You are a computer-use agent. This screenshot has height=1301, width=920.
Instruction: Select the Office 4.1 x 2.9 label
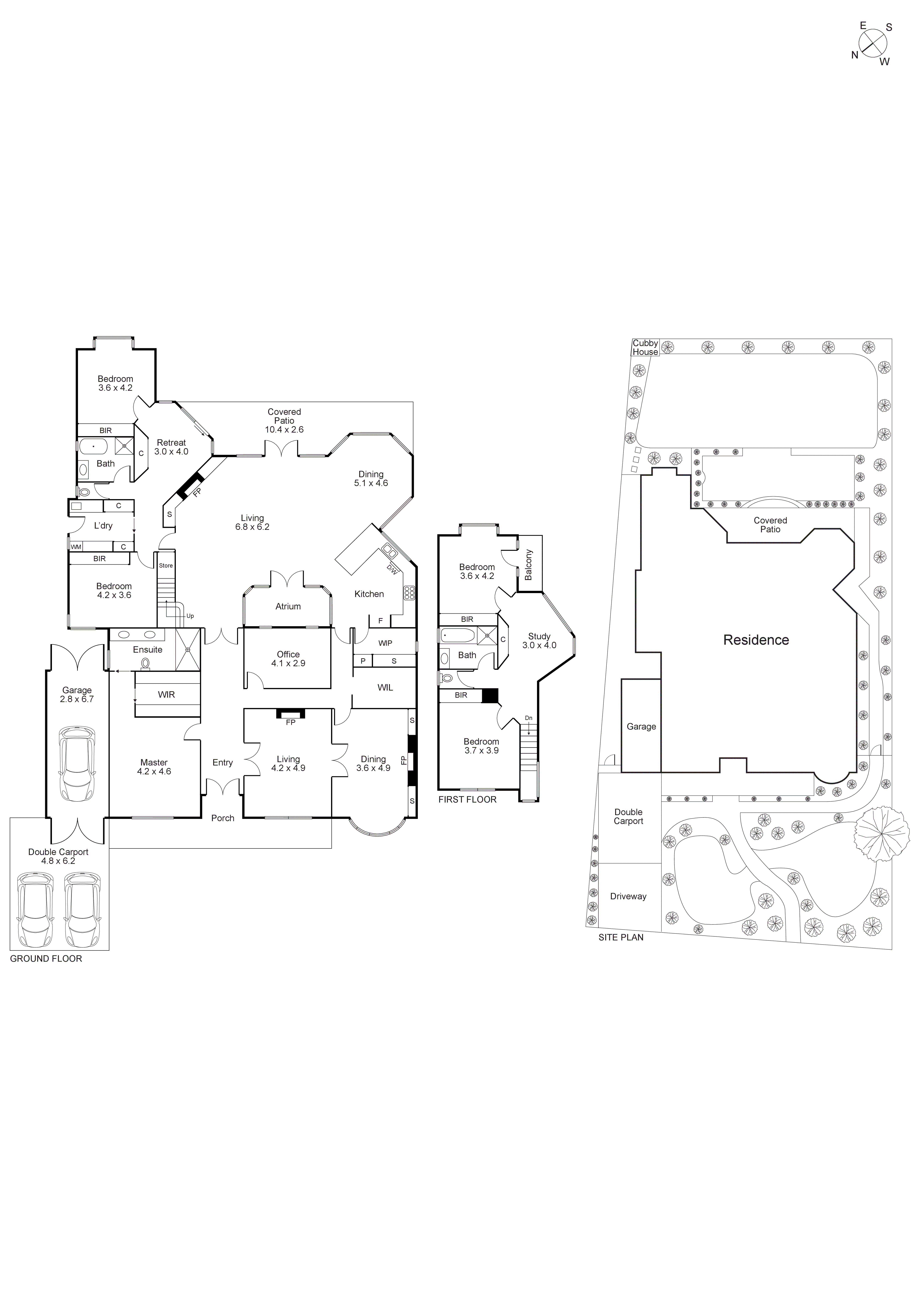(288, 658)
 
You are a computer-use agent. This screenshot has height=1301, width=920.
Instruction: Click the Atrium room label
(288, 606)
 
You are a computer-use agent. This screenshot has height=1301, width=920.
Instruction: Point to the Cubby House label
(645, 347)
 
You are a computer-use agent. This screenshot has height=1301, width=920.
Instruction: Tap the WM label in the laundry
(76, 547)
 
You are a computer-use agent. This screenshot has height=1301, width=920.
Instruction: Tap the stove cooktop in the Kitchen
(409, 593)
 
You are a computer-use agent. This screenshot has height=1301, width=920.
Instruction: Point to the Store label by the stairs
(166, 565)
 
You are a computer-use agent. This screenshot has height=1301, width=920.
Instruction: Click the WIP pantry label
(385, 643)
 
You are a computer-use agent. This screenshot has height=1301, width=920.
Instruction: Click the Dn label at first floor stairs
(528, 718)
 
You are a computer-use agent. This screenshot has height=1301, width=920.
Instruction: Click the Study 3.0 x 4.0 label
(539, 640)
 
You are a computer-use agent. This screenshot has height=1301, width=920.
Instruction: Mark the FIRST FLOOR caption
(467, 800)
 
